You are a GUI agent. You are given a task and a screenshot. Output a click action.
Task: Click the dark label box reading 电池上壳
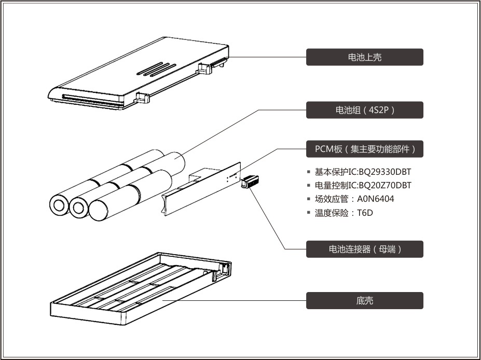[x=364, y=57]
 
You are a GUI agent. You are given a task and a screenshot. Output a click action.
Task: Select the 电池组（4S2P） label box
[x=364, y=110]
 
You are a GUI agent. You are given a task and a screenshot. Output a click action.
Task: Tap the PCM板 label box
[x=364, y=149]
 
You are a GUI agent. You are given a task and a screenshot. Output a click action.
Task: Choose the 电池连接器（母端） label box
[x=364, y=249]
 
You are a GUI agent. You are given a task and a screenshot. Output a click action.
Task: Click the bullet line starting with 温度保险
[x=343, y=213]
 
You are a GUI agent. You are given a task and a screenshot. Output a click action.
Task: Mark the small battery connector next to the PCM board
[x=250, y=181]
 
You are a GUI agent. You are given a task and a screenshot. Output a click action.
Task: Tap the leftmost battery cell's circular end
[x=59, y=206]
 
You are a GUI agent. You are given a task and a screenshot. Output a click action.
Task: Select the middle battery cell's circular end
[x=79, y=208]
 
